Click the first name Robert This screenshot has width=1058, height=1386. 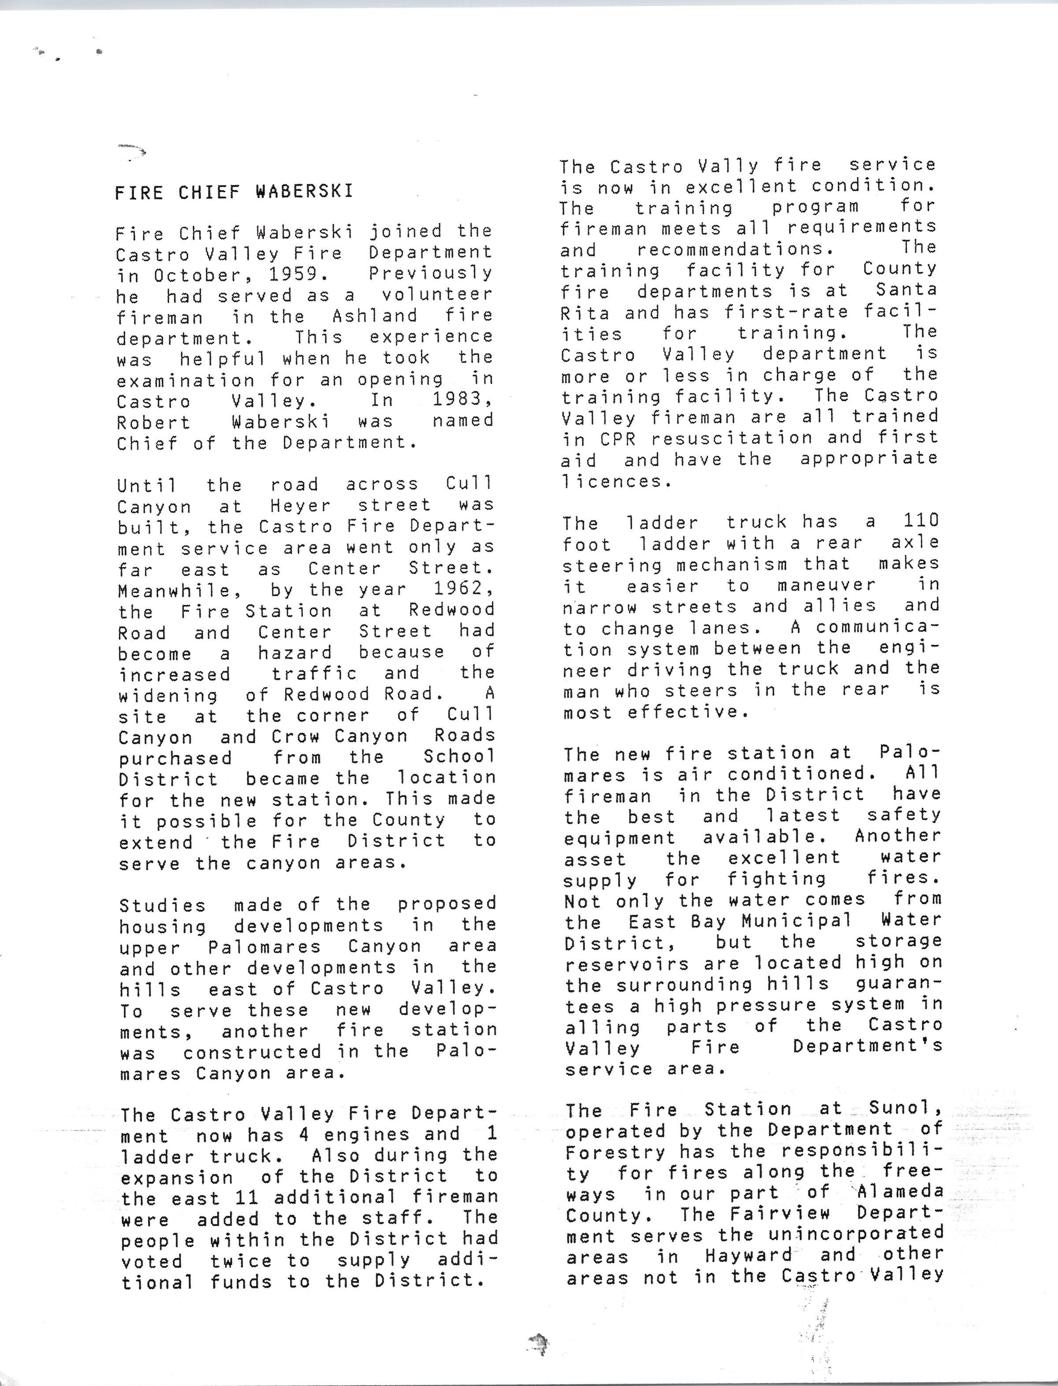(x=154, y=422)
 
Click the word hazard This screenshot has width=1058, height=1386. (x=295, y=653)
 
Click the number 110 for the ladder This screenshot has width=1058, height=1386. (x=921, y=521)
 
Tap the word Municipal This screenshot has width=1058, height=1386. (x=797, y=921)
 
